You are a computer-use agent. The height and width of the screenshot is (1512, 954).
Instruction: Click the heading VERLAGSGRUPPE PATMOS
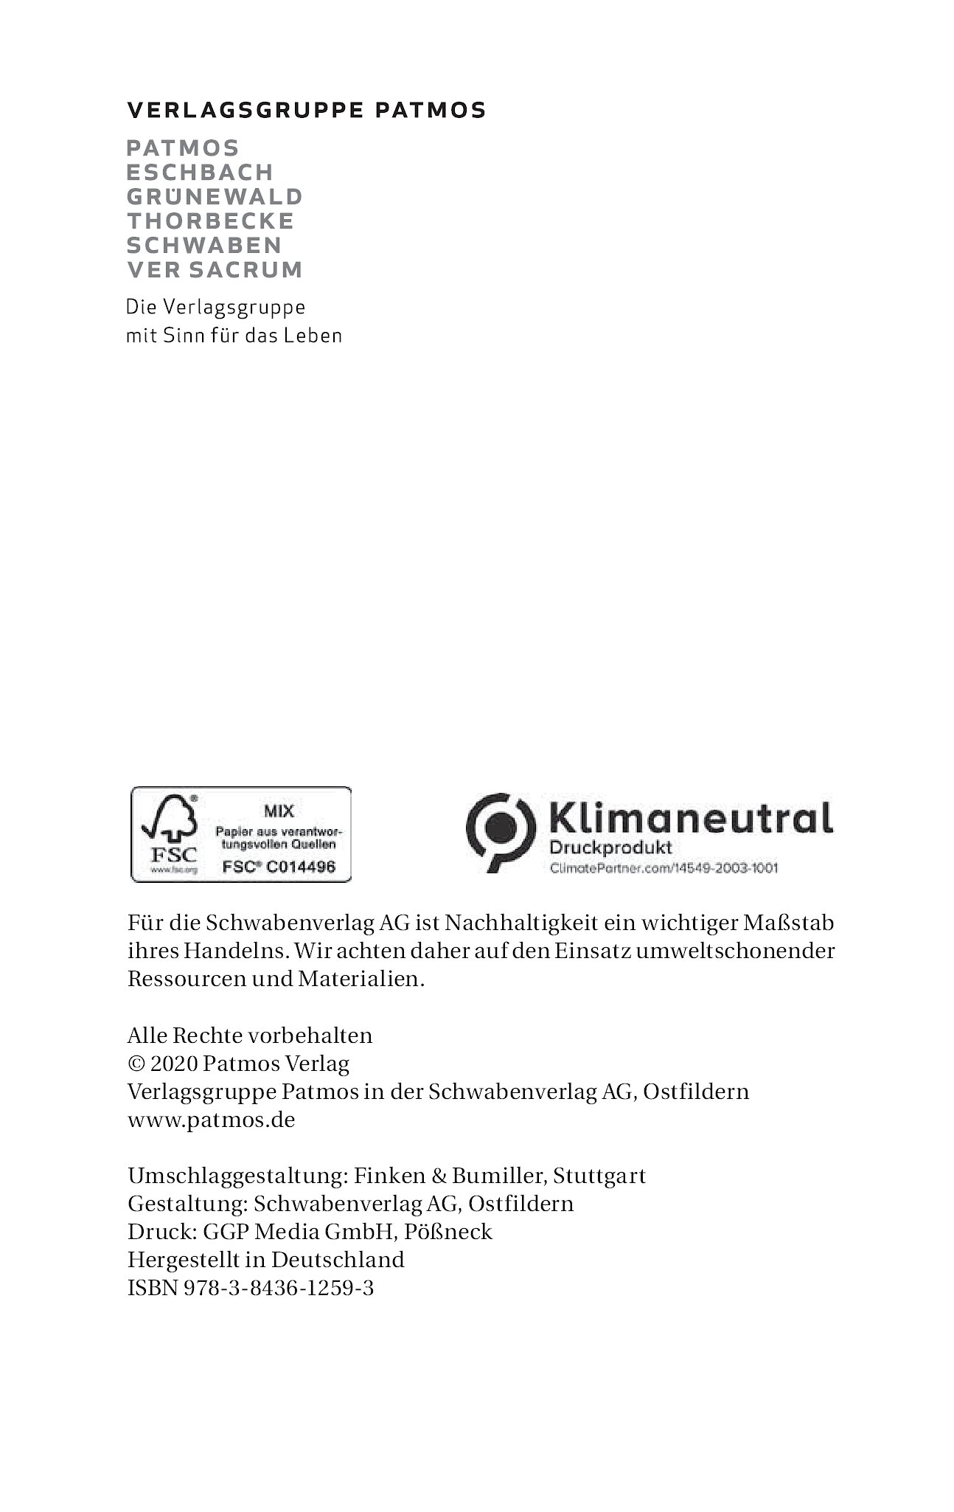(x=307, y=111)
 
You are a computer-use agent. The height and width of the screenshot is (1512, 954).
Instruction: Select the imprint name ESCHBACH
(x=200, y=173)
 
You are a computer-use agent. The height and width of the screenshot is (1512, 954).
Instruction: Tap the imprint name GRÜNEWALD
(x=215, y=197)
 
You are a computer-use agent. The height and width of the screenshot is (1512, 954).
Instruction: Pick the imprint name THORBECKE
(x=211, y=221)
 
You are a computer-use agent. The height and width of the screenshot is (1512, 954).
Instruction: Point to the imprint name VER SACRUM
(x=215, y=270)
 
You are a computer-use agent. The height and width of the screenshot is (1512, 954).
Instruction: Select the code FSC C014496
(x=279, y=867)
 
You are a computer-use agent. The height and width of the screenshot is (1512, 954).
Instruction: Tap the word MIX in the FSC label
(x=279, y=811)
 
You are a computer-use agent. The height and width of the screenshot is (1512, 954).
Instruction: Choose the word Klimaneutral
(x=692, y=819)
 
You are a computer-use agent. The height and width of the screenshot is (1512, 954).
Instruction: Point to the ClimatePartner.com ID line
(x=664, y=868)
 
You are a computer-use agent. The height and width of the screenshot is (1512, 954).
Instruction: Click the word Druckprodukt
(x=611, y=848)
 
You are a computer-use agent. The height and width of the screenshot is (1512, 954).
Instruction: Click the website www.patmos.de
(x=211, y=1120)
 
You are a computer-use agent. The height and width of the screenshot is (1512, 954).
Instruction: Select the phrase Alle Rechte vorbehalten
(x=250, y=1036)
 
